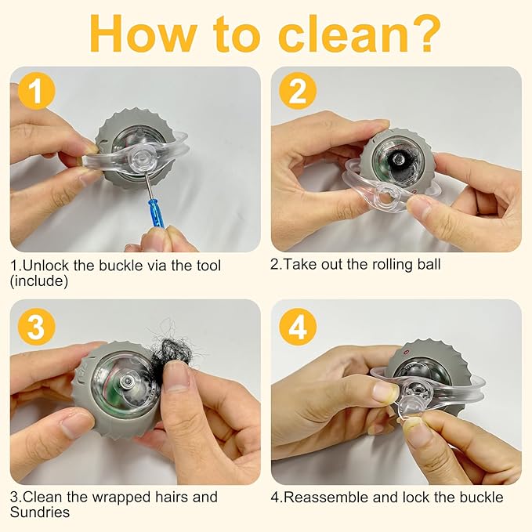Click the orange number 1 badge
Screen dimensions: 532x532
click(x=36, y=91)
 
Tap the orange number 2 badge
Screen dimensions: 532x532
click(x=298, y=91)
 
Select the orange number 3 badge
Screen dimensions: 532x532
click(x=36, y=327)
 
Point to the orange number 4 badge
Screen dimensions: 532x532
click(x=298, y=327)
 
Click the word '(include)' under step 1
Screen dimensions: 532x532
click(x=39, y=280)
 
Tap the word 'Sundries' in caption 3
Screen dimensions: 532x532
click(x=40, y=512)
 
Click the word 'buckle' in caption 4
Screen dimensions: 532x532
click(x=481, y=498)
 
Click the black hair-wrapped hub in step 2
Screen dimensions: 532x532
click(x=398, y=160)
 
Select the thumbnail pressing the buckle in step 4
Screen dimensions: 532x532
click(x=385, y=391)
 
